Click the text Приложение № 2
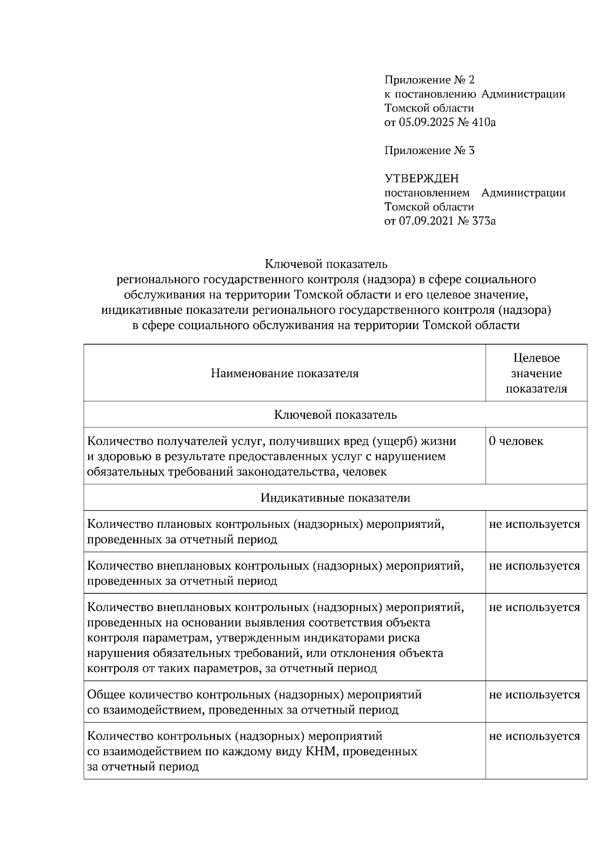tap(429, 80)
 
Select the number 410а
tap(484, 122)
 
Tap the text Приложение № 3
tap(429, 151)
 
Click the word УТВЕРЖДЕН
tap(421, 178)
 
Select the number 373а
tap(484, 221)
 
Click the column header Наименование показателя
tap(285, 374)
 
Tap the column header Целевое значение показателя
tap(536, 374)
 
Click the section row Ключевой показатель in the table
tap(335, 415)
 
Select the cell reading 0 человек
tap(516, 441)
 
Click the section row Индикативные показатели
tap(335, 498)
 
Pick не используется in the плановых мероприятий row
tap(534, 524)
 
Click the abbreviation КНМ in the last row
tap(322, 751)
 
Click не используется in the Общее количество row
tap(534, 695)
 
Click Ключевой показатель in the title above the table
tap(326, 264)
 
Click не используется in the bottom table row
tap(534, 736)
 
